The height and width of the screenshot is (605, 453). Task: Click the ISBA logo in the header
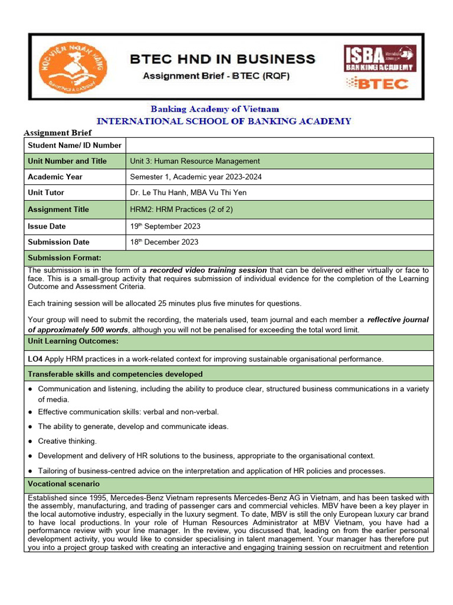click(380, 58)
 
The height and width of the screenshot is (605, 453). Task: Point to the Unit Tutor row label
click(46, 193)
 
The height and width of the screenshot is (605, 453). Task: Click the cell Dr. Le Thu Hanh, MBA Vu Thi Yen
click(188, 193)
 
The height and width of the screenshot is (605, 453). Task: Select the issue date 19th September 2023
click(165, 226)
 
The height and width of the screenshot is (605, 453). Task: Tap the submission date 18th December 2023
click(164, 242)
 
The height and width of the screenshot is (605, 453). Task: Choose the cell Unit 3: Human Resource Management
click(195, 161)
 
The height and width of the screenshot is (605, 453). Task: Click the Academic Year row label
click(55, 177)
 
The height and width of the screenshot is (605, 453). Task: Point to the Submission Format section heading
click(64, 258)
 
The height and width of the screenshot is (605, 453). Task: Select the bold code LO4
click(35, 359)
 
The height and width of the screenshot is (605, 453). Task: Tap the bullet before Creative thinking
click(30, 441)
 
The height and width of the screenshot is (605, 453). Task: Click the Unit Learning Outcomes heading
click(73, 341)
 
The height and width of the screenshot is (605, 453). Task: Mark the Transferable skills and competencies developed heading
click(115, 374)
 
